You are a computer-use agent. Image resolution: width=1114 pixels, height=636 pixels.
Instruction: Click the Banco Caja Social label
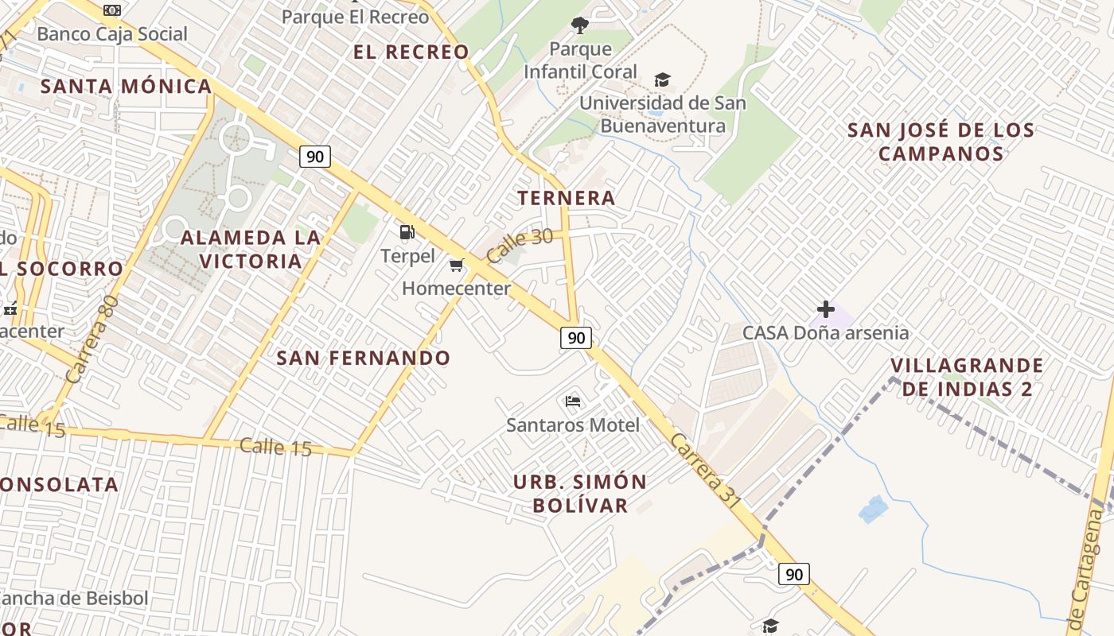[x=112, y=34]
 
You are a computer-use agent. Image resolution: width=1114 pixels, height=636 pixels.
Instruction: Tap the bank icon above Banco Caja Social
[x=112, y=10]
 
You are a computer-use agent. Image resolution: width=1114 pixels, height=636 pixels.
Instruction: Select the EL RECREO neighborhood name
[x=411, y=52]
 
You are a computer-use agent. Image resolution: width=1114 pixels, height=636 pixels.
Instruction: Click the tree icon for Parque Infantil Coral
[x=580, y=25]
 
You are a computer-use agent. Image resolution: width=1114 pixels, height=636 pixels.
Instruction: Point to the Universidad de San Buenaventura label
[x=663, y=114]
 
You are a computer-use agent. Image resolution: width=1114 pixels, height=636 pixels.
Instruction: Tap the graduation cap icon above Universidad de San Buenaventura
[x=662, y=79]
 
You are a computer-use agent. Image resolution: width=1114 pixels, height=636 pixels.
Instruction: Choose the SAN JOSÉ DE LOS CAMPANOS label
[x=941, y=142]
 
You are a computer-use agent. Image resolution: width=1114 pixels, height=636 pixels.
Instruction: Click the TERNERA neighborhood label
[x=567, y=198]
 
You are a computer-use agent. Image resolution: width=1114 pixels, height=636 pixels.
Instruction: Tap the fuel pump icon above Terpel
[x=407, y=232]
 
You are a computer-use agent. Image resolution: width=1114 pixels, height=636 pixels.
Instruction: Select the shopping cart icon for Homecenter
[x=457, y=266]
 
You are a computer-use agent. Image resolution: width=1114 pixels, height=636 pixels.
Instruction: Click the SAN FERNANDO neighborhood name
[x=364, y=358]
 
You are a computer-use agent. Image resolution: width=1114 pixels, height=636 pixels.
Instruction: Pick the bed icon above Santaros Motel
[x=573, y=401]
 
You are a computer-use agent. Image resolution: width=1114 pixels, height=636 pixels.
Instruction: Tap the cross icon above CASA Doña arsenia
[x=826, y=309]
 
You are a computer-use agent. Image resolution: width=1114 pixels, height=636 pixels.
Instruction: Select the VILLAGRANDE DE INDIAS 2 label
[x=967, y=377]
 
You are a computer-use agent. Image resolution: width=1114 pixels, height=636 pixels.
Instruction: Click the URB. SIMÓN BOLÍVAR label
[x=580, y=493]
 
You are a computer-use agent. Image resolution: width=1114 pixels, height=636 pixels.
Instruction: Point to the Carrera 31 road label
[x=705, y=471]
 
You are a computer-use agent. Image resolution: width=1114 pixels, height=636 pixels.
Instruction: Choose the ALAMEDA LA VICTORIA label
[x=251, y=249]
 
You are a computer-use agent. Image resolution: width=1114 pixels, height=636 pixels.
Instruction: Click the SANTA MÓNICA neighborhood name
[x=127, y=86]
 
